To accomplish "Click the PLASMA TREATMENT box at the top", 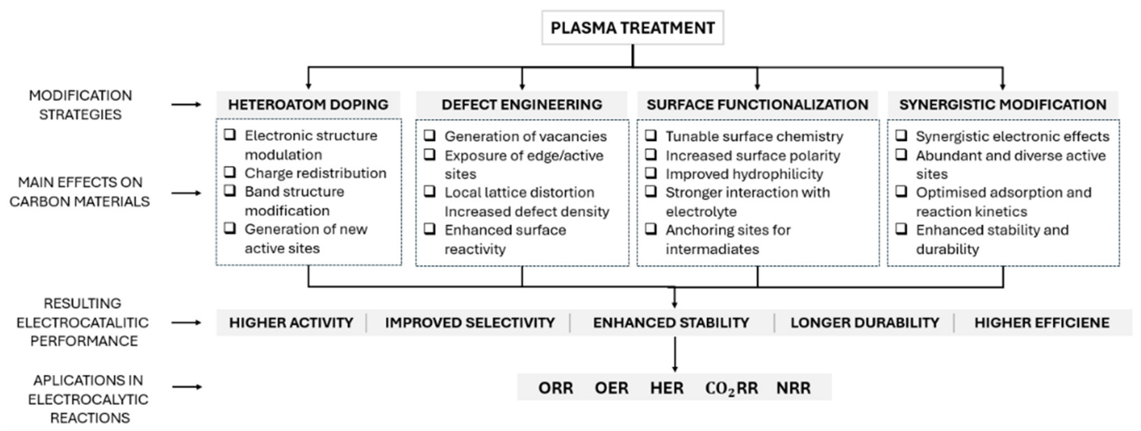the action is [x=632, y=28].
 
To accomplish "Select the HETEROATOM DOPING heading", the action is [x=308, y=104].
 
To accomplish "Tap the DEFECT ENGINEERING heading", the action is [x=522, y=104].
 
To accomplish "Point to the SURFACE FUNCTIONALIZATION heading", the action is [x=757, y=104].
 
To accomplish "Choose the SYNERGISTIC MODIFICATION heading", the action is [x=1003, y=104].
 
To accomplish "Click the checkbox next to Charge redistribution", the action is [x=230, y=172].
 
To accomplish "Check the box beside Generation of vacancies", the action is [x=430, y=135].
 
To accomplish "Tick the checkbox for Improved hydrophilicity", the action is [x=651, y=173].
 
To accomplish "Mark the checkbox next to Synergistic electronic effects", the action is [x=901, y=135].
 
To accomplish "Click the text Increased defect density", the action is [x=527, y=211].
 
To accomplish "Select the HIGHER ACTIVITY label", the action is [x=291, y=323].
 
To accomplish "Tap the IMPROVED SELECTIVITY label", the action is [x=470, y=323].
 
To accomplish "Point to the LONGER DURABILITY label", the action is [x=865, y=323].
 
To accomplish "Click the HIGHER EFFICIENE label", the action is [x=1042, y=323].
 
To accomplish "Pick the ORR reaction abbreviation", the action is [x=556, y=388].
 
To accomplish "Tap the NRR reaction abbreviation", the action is [x=794, y=388].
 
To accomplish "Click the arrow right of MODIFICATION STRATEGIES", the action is [x=186, y=104].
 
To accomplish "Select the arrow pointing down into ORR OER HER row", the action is [x=675, y=354].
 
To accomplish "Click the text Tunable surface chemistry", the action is [x=754, y=136].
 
